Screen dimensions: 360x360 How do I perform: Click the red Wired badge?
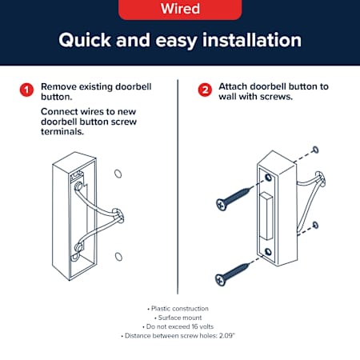[x=180, y=9]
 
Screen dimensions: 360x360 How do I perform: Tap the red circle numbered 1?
[x=26, y=90]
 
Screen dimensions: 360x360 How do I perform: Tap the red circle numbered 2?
[x=205, y=90]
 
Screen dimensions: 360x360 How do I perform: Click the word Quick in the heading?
[x=85, y=41]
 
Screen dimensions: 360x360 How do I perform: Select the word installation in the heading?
[x=252, y=40]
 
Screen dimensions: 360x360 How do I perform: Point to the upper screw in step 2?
[x=233, y=198]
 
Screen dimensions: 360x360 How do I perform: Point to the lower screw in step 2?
[x=232, y=274]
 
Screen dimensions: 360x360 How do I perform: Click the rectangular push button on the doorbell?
[x=266, y=215]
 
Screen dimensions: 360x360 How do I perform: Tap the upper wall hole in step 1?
[x=118, y=174]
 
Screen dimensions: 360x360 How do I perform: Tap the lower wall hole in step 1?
[x=118, y=257]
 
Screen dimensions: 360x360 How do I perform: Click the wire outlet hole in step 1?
[x=118, y=216]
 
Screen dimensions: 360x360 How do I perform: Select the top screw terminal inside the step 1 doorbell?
[x=78, y=186]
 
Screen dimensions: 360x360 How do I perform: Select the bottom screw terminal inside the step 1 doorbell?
[x=79, y=247]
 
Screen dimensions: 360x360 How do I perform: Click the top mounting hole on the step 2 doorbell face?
[x=268, y=177]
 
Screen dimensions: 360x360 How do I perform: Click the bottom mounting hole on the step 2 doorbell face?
[x=268, y=252]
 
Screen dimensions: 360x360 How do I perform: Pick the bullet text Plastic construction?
[x=180, y=309]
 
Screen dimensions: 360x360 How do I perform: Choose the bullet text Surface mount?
[x=180, y=318]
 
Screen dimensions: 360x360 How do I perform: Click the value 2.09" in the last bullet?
[x=227, y=335]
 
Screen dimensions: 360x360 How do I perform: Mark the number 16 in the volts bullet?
[x=195, y=326]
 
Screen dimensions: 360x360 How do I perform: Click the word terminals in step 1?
[x=62, y=131]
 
